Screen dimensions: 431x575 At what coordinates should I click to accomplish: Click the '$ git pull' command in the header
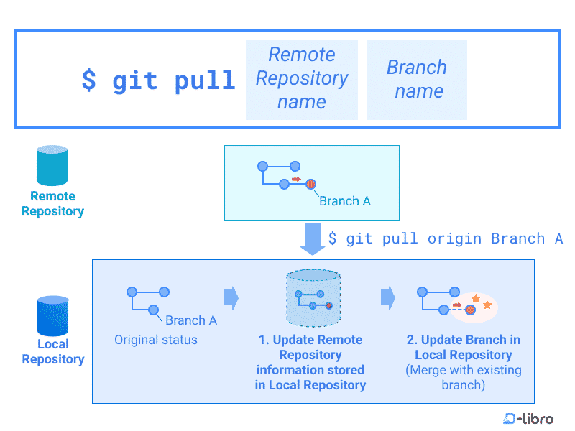(x=159, y=80)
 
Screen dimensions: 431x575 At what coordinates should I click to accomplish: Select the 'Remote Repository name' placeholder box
(x=302, y=78)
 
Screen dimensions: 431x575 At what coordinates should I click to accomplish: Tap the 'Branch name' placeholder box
(x=418, y=79)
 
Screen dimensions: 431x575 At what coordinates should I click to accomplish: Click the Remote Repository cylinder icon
(x=52, y=166)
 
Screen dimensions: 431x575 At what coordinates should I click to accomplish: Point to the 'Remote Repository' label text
(x=52, y=203)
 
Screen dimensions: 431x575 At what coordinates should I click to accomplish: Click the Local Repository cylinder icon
(x=52, y=315)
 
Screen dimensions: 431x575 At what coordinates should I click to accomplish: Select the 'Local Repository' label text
(x=52, y=352)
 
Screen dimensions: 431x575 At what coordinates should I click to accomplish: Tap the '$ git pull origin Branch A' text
(x=445, y=238)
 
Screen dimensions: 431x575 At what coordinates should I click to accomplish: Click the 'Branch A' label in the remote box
(x=345, y=201)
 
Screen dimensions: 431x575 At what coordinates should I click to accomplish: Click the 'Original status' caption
(x=156, y=340)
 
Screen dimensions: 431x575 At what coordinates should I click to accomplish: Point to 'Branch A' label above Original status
(x=191, y=320)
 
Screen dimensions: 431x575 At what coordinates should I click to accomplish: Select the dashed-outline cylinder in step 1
(x=312, y=297)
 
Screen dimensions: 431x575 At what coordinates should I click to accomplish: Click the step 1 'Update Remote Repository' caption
(x=310, y=362)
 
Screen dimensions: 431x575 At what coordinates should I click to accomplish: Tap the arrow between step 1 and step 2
(x=387, y=297)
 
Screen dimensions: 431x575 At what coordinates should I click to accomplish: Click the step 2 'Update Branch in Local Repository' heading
(x=463, y=347)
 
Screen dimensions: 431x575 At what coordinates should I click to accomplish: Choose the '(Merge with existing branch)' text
(x=463, y=377)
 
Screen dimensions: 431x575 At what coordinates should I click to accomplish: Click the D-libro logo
(x=528, y=418)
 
